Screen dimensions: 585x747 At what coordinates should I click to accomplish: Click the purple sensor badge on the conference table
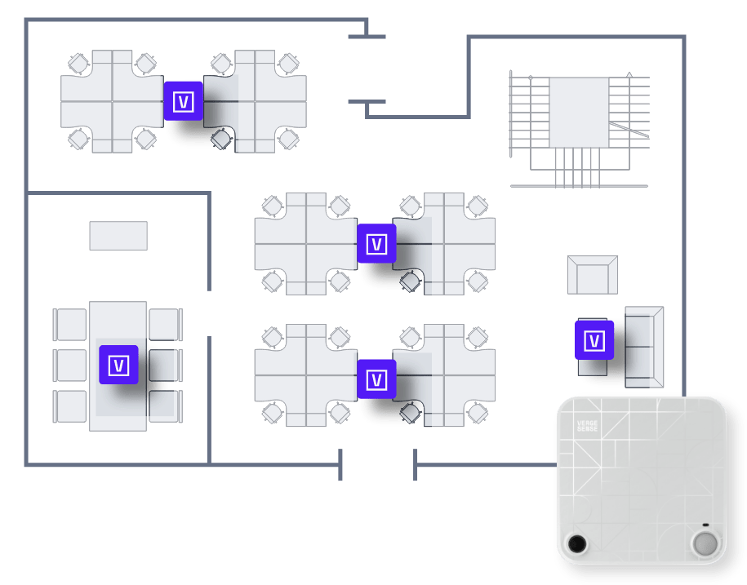pos(118,365)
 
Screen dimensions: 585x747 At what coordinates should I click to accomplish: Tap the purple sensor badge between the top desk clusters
pos(184,101)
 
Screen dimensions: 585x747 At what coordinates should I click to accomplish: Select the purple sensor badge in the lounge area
pos(594,340)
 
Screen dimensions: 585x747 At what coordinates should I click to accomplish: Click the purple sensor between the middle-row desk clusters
pos(376,244)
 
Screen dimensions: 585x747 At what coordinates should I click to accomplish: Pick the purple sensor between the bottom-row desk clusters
pos(376,379)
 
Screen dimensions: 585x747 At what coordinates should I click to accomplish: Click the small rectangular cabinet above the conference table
pos(118,236)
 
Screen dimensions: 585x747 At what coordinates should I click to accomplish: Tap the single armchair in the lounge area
pos(593,275)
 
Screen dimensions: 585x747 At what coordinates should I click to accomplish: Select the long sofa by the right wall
pos(644,347)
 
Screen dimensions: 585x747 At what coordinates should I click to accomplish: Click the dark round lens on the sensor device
pos(577,543)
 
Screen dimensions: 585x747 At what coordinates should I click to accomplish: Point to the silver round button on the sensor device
pos(704,543)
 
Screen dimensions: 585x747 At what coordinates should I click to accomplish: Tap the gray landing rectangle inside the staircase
pos(579,113)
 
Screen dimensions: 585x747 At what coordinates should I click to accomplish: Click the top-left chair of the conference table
pos(70,325)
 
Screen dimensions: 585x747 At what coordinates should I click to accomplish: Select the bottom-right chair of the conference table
pos(165,406)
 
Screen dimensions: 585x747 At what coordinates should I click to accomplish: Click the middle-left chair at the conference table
pos(70,366)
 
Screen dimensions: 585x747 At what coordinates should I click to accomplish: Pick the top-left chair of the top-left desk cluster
pos(78,63)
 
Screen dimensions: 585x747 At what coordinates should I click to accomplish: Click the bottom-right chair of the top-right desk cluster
pos(289,140)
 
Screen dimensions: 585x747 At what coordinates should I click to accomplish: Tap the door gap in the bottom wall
pos(377,465)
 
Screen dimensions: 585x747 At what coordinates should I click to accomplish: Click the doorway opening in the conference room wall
pos(209,313)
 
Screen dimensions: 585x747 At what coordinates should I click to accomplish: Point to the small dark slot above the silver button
pos(705,525)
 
